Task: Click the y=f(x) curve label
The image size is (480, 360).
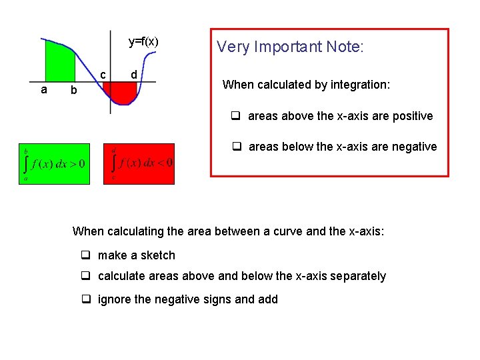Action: click(x=143, y=42)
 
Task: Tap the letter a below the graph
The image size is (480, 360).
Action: click(x=44, y=89)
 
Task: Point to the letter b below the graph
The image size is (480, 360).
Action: click(x=73, y=90)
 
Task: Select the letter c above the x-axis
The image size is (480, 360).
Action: click(x=103, y=74)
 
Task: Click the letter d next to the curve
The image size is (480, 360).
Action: click(x=134, y=74)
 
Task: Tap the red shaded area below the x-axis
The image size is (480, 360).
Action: click(x=123, y=93)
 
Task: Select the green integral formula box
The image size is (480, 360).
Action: click(x=54, y=163)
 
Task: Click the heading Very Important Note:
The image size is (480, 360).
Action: click(x=290, y=47)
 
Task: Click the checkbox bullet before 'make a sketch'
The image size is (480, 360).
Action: click(x=86, y=255)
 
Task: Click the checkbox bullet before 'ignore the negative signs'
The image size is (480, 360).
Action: click(x=86, y=299)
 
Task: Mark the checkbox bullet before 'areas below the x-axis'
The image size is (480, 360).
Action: click(x=237, y=147)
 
